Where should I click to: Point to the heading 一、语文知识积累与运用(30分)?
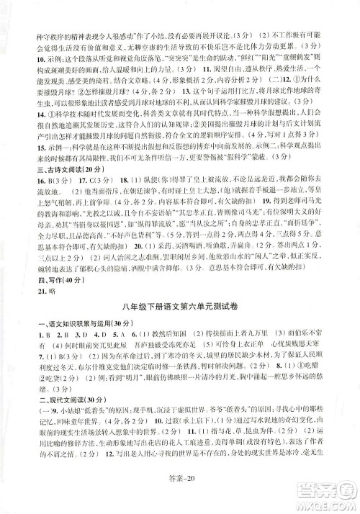(x=61, y=344)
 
